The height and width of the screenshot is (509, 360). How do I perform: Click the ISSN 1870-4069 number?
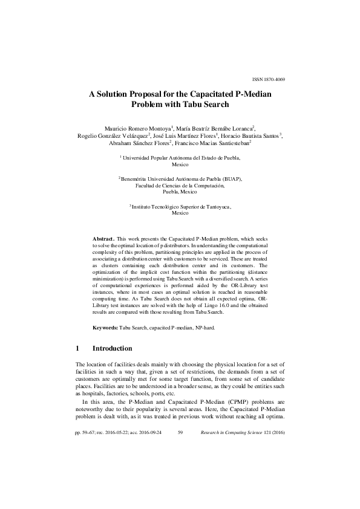coord(268,79)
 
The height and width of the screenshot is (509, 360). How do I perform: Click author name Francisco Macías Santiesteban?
coord(216,144)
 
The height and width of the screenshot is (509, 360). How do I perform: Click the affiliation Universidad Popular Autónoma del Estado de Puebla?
coord(182,157)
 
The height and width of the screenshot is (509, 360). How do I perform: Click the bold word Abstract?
coord(103,240)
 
